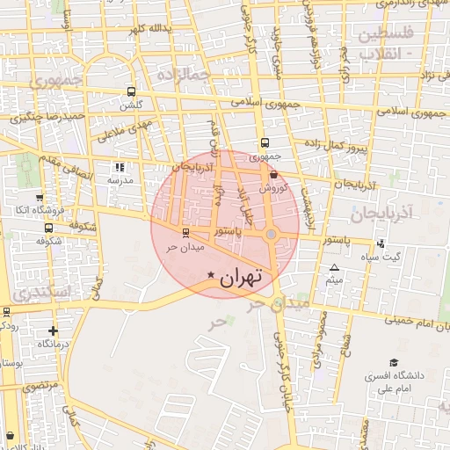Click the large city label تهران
pyautogui.click(x=241, y=278)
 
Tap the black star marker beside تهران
pyautogui.click(x=211, y=276)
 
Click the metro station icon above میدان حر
pyautogui.click(x=185, y=233)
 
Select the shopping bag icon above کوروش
pyautogui.click(x=273, y=175)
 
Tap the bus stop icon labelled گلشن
pyautogui.click(x=131, y=91)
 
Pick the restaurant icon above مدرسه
pyautogui.click(x=120, y=166)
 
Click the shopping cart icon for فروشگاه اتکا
pyautogui.click(x=39, y=198)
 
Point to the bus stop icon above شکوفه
pyautogui.click(x=48, y=229)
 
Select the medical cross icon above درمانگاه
pyautogui.click(x=54, y=331)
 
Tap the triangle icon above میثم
pyautogui.click(x=334, y=267)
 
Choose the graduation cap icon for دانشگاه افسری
pyautogui.click(x=394, y=363)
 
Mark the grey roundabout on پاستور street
pyautogui.click(x=272, y=234)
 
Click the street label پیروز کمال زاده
pyautogui.click(x=332, y=146)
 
